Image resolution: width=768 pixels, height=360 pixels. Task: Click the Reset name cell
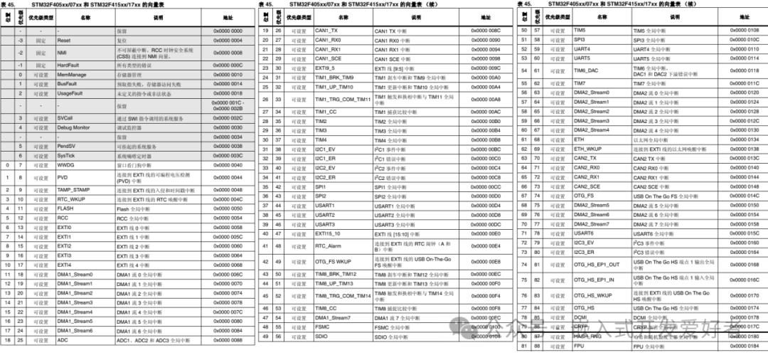click(x=64, y=41)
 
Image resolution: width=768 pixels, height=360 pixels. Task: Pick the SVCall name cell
click(x=65, y=118)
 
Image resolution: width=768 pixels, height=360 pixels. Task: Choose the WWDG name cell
click(x=66, y=165)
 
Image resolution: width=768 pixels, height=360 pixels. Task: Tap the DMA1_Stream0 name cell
click(x=75, y=275)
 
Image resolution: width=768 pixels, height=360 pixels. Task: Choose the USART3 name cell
click(x=325, y=224)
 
